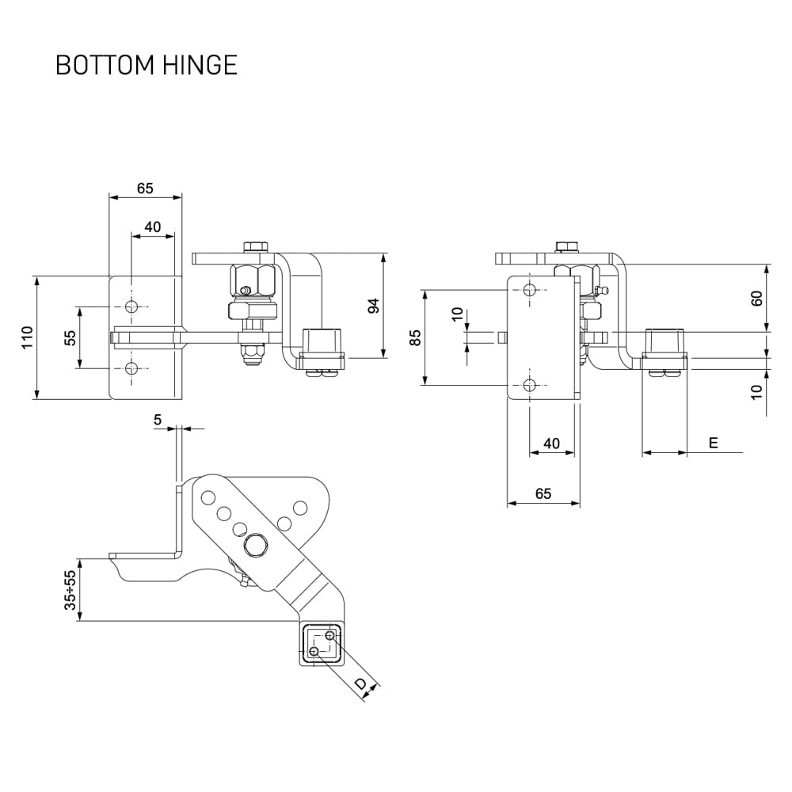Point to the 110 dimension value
(x=28, y=338)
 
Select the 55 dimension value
(x=70, y=337)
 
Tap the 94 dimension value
(x=374, y=306)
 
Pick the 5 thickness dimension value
(x=158, y=420)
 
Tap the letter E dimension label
(x=713, y=444)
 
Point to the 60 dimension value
(x=756, y=299)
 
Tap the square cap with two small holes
(x=323, y=642)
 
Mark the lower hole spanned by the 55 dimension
(x=131, y=367)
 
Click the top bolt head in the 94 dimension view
(x=255, y=246)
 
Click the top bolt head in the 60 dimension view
(x=567, y=246)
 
